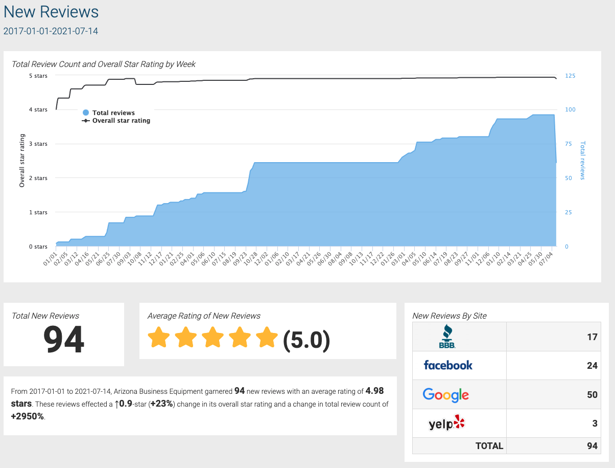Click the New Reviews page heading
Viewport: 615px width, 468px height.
[x=51, y=11]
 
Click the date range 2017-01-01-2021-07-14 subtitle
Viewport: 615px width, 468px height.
[x=51, y=31]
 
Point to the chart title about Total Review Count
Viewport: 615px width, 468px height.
[x=104, y=64]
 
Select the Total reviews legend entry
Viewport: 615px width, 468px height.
[x=113, y=113]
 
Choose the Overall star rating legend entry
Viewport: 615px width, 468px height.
[x=121, y=121]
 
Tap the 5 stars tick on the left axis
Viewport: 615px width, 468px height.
[x=38, y=76]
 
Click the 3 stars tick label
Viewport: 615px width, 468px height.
[x=38, y=144]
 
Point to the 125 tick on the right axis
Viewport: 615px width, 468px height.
[x=570, y=76]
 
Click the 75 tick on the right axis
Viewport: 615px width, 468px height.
[x=568, y=144]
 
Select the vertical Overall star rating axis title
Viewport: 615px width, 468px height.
[x=22, y=160]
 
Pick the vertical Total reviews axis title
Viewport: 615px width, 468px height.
[x=583, y=160]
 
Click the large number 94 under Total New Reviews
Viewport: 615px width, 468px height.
[x=63, y=340]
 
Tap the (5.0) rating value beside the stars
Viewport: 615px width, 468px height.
[x=306, y=340]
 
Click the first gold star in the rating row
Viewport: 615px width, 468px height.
[x=158, y=338]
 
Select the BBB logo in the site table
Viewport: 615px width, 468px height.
[x=447, y=336]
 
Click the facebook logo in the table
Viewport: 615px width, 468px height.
[x=448, y=365]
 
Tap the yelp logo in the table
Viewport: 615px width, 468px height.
[x=446, y=423]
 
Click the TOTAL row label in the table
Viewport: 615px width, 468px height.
[x=489, y=446]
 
